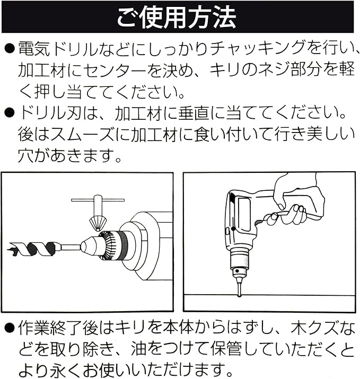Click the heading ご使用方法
point(177,17)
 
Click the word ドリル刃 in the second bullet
point(50,113)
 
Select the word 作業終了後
point(58,329)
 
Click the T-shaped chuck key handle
point(98,200)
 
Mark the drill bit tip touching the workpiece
point(239,295)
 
